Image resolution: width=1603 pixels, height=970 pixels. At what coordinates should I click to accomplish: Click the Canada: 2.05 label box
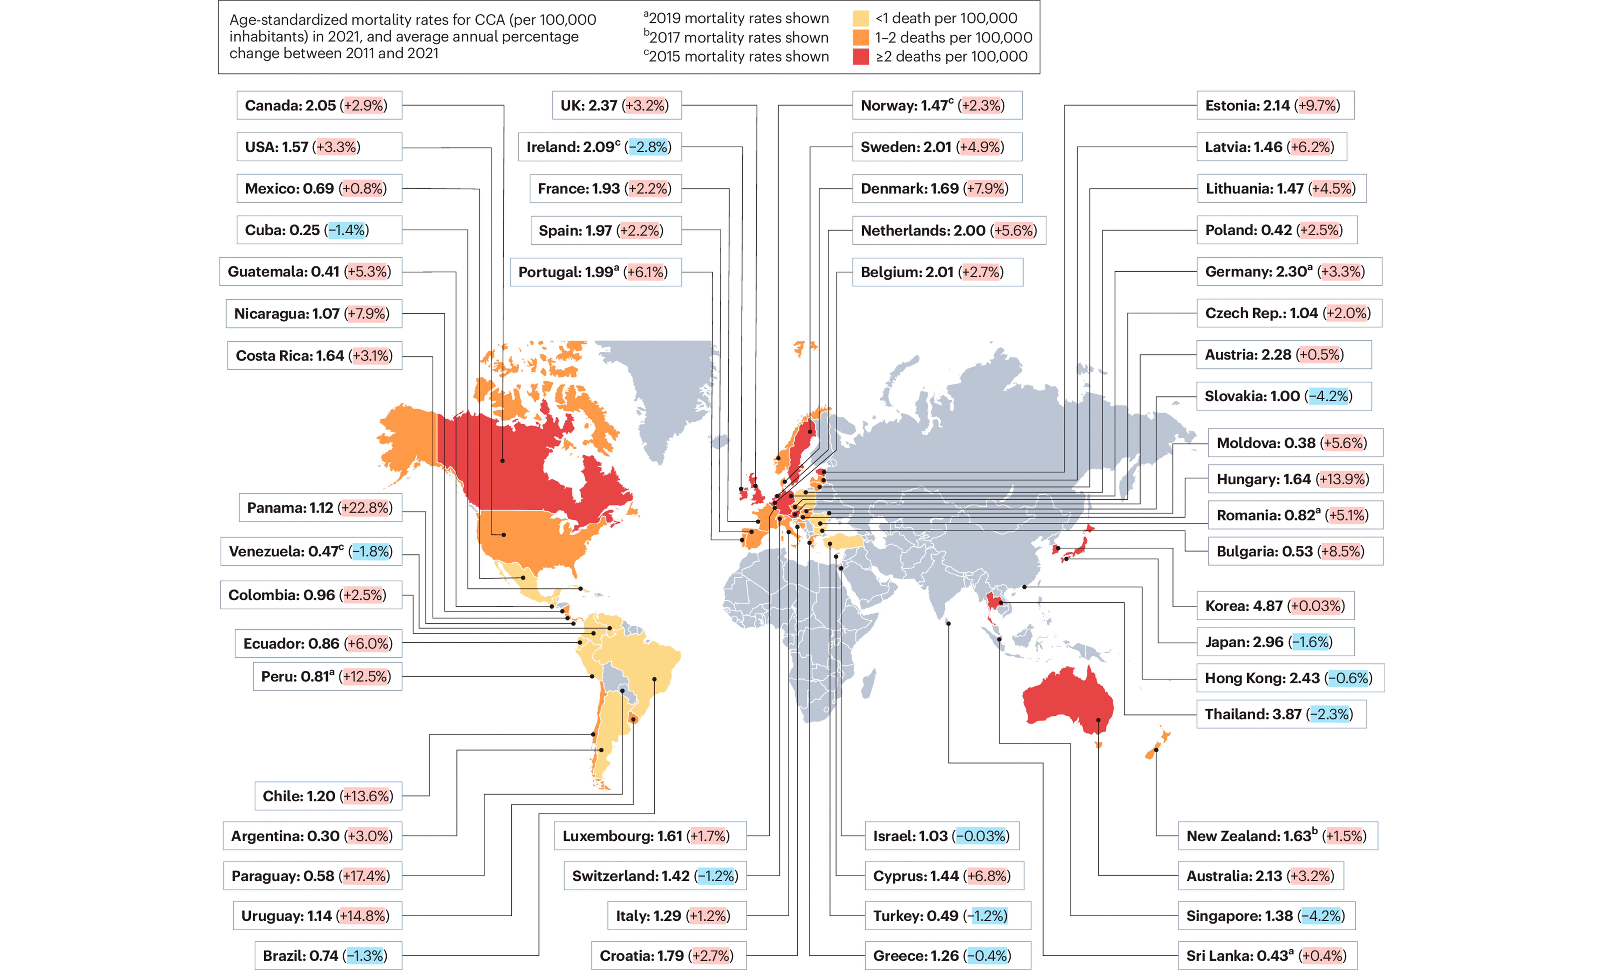coord(319,105)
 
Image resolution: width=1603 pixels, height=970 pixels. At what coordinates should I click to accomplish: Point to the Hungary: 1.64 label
coord(1295,479)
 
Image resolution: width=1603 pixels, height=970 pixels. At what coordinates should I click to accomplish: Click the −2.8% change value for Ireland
coord(649,147)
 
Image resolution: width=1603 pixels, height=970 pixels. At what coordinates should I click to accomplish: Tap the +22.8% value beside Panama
coord(366,507)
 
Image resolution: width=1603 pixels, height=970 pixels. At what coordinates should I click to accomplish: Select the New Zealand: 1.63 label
coord(1277,836)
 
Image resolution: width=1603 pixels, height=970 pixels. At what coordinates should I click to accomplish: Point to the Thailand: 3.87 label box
coord(1280,714)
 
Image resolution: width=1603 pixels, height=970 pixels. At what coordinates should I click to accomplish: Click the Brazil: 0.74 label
coord(327,956)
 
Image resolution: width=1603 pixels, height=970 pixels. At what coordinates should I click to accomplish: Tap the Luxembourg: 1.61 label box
coord(649,836)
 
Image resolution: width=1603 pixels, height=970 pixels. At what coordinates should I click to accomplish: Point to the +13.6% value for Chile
coord(368,796)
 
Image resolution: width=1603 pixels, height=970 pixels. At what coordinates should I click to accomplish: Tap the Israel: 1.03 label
coord(941,836)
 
